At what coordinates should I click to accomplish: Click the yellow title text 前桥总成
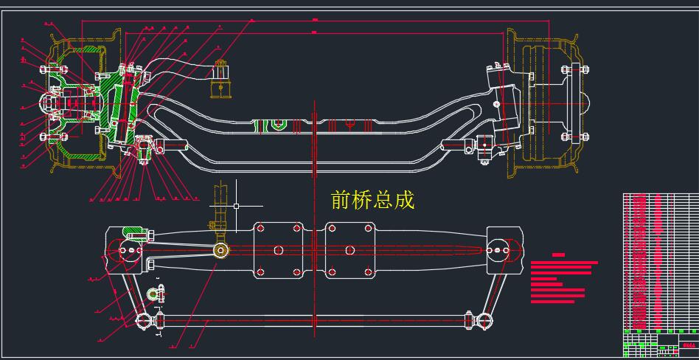tap(373, 200)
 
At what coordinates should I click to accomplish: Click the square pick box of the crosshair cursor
tap(236, 206)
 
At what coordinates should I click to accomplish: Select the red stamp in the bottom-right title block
tap(688, 345)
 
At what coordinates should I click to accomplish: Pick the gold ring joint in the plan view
tap(220, 250)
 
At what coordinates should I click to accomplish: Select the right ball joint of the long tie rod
tap(483, 321)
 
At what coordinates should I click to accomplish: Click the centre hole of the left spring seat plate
tap(278, 250)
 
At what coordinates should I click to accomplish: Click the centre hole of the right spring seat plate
tap(349, 250)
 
